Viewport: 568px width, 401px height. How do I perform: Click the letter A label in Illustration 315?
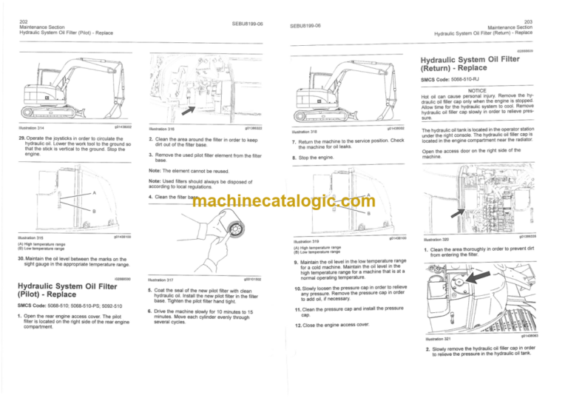pos(94,193)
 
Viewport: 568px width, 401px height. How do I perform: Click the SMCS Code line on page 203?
pos(453,79)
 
